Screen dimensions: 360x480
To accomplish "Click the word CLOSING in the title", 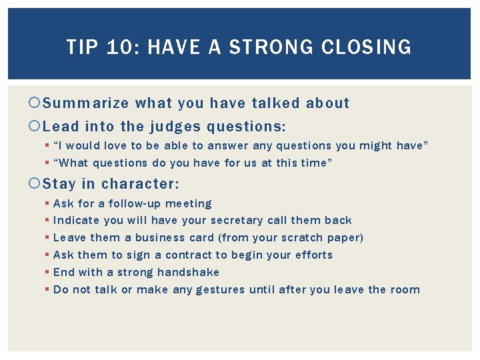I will click(367, 47).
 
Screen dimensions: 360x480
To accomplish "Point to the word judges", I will click(175, 127).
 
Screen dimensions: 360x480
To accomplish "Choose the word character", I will click(141, 183).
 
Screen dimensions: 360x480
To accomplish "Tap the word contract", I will click(182, 255).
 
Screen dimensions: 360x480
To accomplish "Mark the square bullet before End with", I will click(47, 272).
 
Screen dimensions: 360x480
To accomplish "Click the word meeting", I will click(189, 203).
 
